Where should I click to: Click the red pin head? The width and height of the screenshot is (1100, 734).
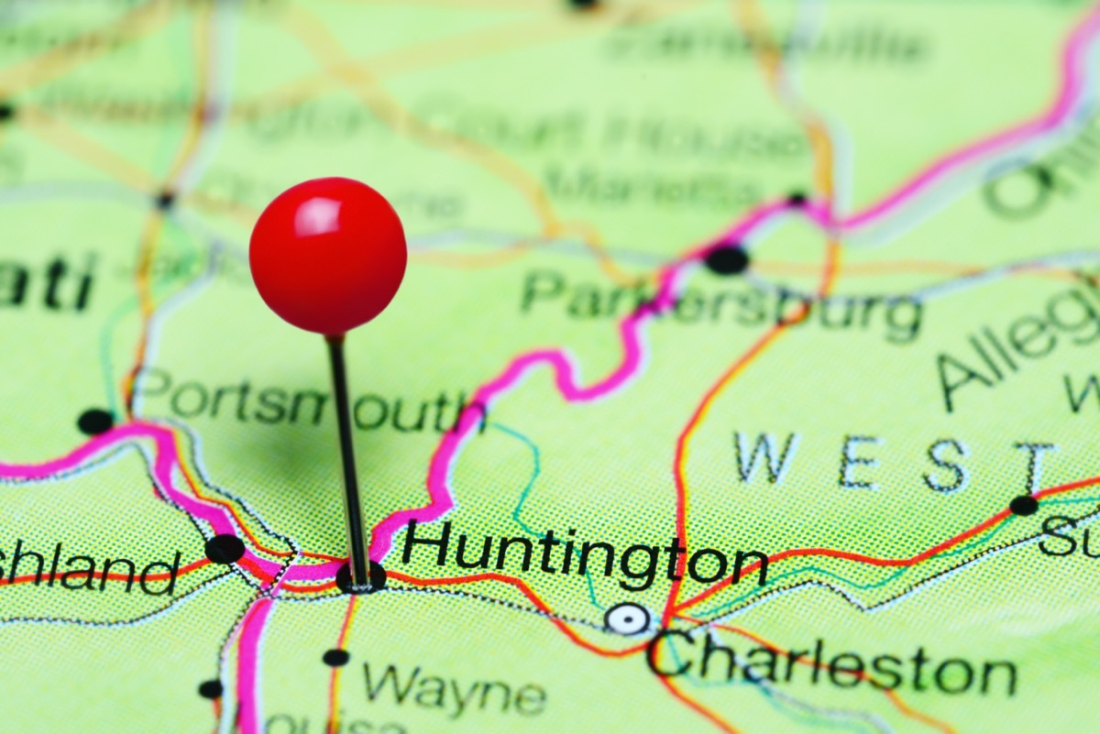coord(328,256)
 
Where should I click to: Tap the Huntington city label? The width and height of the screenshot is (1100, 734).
coord(584,554)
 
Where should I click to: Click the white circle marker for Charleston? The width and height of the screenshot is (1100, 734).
coord(628,619)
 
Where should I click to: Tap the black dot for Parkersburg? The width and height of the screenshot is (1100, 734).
coord(727,259)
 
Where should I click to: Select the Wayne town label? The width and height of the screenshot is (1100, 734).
coord(454,688)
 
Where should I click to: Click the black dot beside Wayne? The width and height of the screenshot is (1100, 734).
coord(335,657)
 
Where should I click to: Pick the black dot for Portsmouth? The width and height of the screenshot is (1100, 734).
coord(95,422)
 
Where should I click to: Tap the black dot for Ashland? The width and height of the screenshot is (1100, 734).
coord(225,549)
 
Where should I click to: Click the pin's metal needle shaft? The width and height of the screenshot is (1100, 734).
coord(347,449)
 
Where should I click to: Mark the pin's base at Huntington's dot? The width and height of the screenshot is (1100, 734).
coord(360,578)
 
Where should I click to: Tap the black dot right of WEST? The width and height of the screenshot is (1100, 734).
coord(1023,505)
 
